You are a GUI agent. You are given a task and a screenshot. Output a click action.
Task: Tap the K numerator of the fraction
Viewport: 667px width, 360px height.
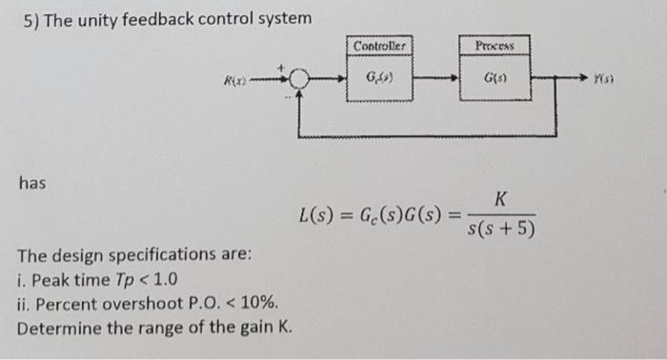tap(500, 198)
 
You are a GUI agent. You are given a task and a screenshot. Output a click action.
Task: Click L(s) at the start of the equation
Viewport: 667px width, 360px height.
tap(317, 214)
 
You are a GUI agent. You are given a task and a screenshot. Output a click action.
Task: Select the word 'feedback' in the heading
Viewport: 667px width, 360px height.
tap(182, 20)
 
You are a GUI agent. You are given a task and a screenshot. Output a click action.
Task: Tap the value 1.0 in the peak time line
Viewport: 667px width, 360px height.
tap(162, 280)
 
